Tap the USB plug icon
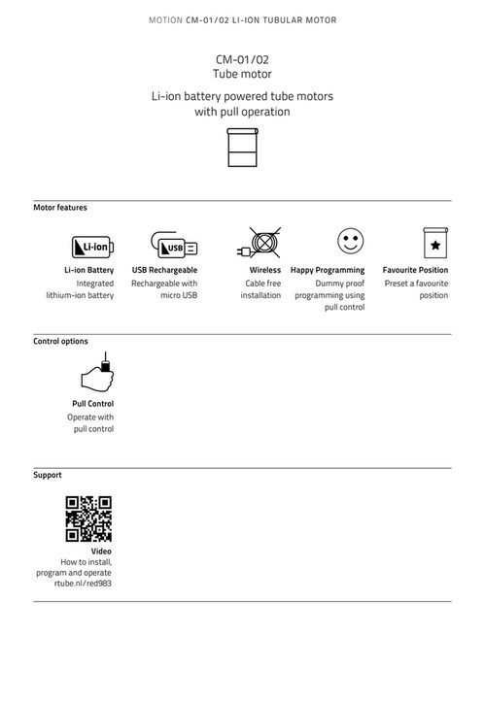[x=174, y=245]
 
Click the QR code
[x=88, y=519]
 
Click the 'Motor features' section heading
[x=60, y=208]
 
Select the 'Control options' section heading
[x=61, y=342]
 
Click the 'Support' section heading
[x=48, y=476]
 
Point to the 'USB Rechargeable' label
[x=164, y=270]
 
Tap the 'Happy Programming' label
[x=328, y=270]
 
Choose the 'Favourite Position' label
[x=415, y=270]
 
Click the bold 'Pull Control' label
[x=92, y=403]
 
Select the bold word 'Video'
[x=101, y=551]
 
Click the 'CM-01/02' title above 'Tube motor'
[x=242, y=59]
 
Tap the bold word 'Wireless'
[x=264, y=270]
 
